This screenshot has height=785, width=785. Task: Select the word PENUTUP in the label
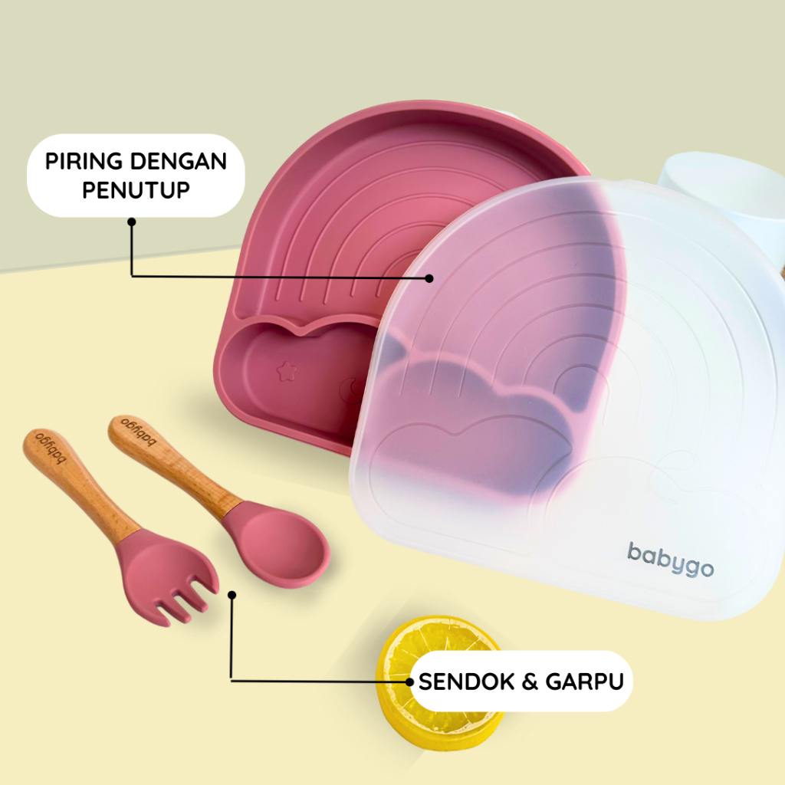coord(136,189)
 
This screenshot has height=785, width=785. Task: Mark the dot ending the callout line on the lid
coord(429,278)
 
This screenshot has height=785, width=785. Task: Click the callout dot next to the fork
coord(232,593)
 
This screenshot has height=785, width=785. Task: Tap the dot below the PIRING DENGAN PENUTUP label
coord(132,222)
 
